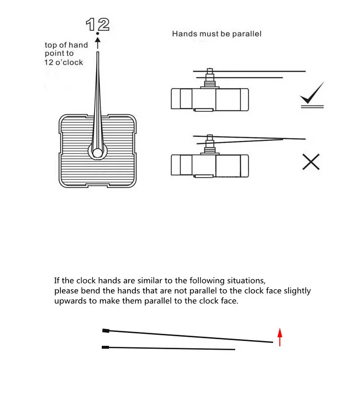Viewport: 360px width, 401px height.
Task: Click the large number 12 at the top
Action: point(97,24)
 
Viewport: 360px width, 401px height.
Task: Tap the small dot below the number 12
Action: point(97,34)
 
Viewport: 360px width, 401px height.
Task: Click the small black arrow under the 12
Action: point(97,43)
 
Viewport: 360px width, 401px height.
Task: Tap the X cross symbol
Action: point(311,162)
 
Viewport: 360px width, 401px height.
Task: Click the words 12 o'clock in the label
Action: point(64,62)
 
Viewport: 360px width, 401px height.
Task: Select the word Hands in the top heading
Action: point(183,34)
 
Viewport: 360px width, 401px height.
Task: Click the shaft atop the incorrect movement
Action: point(210,142)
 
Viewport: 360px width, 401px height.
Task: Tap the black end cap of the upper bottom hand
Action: point(106,330)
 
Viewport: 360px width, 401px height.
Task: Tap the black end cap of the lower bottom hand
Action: point(106,347)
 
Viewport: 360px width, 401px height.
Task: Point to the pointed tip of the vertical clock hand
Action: point(97,53)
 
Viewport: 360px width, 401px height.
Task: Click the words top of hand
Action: point(66,45)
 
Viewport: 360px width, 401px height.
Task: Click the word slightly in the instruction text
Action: point(296,291)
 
